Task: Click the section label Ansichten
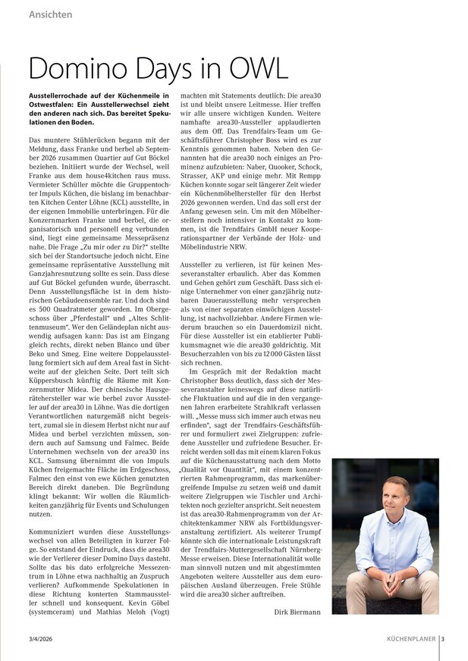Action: coord(50,14)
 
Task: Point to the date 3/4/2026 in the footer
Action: coord(41,638)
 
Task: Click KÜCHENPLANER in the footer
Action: coord(409,638)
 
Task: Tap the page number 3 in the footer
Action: coord(442,638)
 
